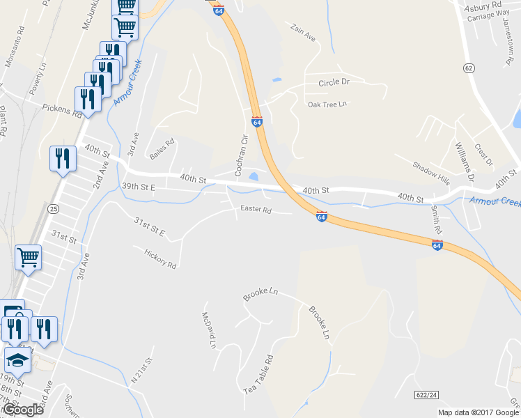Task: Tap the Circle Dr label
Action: point(334,82)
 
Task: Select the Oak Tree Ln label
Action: point(327,104)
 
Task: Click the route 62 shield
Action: point(469,68)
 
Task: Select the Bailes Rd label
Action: point(162,148)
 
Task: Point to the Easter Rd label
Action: point(255,209)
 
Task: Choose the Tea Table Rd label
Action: point(258,374)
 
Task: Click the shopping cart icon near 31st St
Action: point(29,257)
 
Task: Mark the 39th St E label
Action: point(138,187)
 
